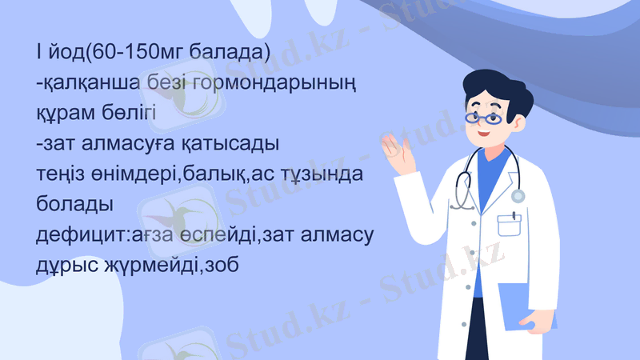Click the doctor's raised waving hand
[400, 152]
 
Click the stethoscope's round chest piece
[518, 196]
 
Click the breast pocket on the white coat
[510, 224]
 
